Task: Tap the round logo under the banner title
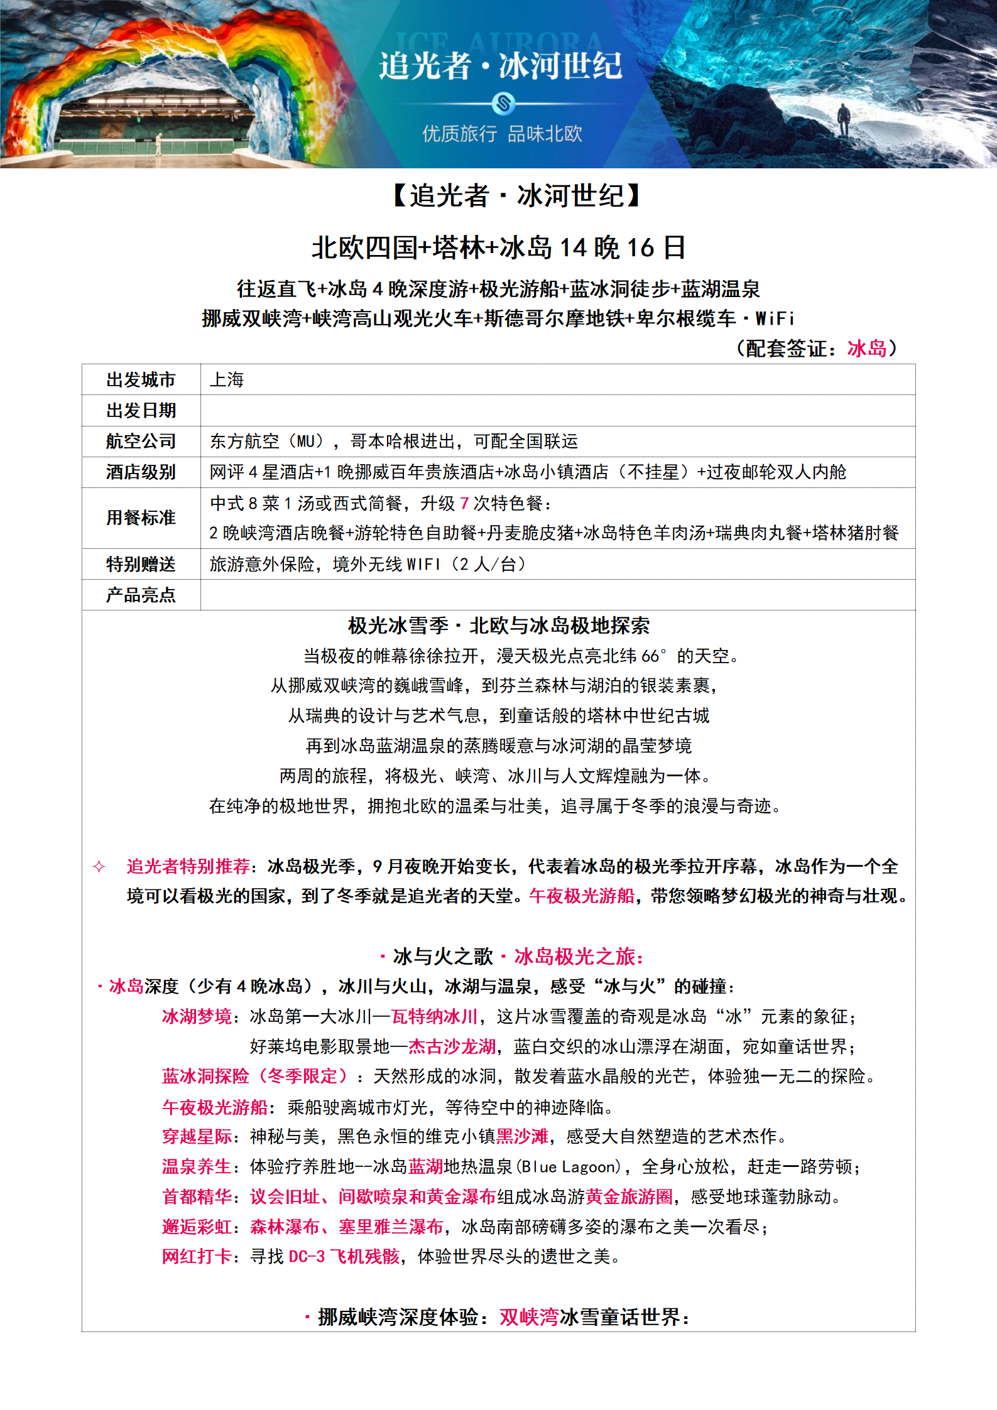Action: [503, 102]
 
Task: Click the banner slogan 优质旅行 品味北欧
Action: [502, 134]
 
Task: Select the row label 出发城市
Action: [141, 380]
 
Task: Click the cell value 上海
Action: [227, 380]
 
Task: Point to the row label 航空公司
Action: [141, 442]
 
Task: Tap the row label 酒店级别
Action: [141, 472]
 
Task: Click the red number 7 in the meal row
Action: [464, 504]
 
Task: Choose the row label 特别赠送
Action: [141, 565]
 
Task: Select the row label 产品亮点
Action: [141, 595]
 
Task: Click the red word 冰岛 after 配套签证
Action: [866, 349]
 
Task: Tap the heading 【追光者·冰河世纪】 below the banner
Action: [516, 196]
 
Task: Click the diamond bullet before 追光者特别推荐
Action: [99, 867]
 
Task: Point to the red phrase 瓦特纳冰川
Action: [435, 1017]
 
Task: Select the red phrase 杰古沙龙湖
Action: [452, 1047]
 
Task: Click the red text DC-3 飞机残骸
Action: [344, 1257]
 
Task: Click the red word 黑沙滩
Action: [522, 1137]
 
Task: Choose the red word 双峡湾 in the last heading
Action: [529, 1317]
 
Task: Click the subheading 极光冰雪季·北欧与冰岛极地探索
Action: [499, 626]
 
